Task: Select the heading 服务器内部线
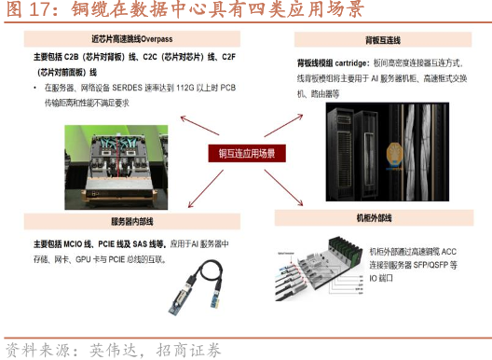coord(131,221)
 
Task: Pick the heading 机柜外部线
coord(374,217)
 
